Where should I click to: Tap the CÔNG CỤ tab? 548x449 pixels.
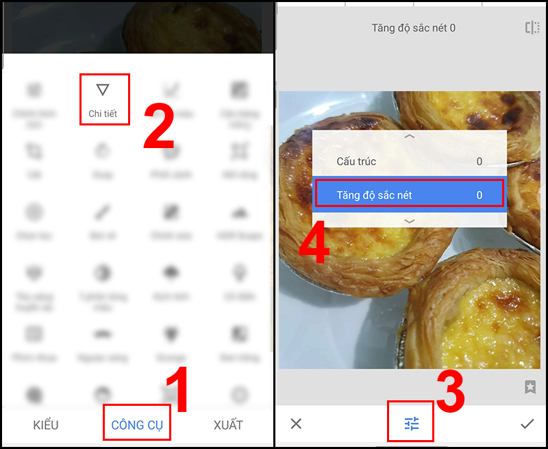tap(137, 425)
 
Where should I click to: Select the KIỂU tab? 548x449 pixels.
tap(46, 425)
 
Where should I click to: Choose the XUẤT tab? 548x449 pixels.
tap(228, 425)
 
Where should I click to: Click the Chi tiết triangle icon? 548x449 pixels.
tap(103, 90)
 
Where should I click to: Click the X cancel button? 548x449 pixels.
tap(296, 424)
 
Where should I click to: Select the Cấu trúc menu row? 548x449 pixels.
tap(409, 162)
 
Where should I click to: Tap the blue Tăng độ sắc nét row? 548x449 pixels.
tap(409, 195)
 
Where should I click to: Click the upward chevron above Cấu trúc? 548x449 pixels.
tap(410, 137)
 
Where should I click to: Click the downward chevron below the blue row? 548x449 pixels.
tap(410, 221)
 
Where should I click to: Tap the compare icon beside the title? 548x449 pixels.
tap(532, 28)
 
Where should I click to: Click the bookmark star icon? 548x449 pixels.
tap(530, 387)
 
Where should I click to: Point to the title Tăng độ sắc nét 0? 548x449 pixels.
tap(413, 28)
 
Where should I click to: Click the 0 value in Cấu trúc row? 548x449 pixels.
tap(480, 162)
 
